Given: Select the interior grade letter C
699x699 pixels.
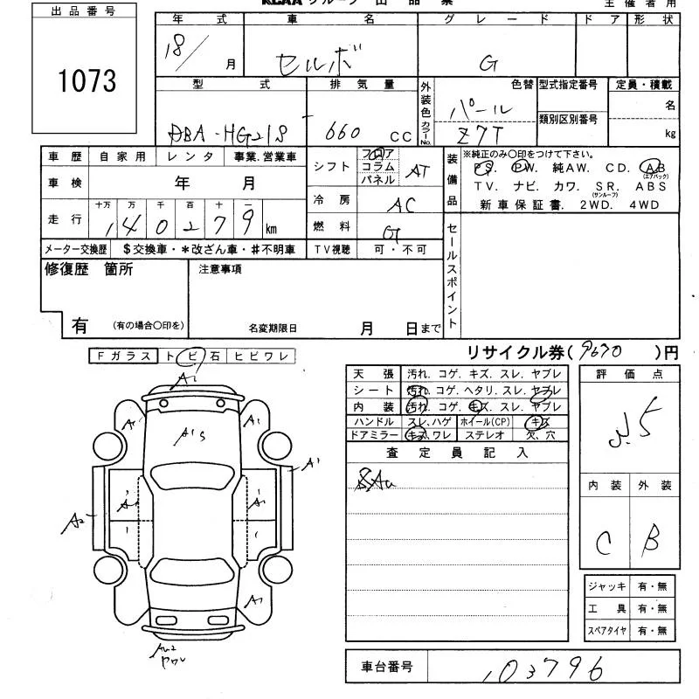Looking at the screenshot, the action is pyautogui.click(x=602, y=544).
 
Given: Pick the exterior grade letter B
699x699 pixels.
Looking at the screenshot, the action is pyautogui.click(x=650, y=543).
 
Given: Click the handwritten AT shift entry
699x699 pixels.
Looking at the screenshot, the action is pyautogui.click(x=417, y=171).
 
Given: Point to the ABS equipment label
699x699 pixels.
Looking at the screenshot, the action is pyautogui.click(x=651, y=186).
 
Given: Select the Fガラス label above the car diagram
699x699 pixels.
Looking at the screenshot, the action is pyautogui.click(x=121, y=356).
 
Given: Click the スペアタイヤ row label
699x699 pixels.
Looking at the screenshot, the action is pyautogui.click(x=606, y=630).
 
